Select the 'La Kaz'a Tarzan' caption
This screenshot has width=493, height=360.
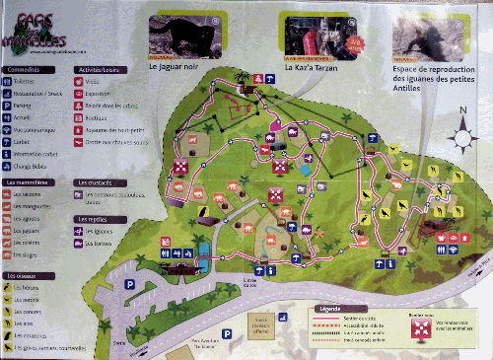point(311,69)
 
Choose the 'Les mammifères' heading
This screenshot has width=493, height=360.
point(28,183)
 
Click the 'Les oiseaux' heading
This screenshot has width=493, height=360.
point(22,274)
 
